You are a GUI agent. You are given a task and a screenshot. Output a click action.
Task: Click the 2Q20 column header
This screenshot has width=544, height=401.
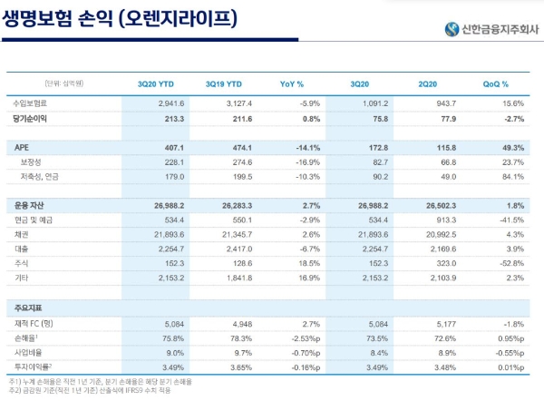[432, 83]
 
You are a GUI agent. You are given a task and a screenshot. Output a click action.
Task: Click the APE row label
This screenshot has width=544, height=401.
[23, 146]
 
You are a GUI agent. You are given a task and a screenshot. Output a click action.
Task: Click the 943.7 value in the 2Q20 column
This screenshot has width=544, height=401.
[437, 104]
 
